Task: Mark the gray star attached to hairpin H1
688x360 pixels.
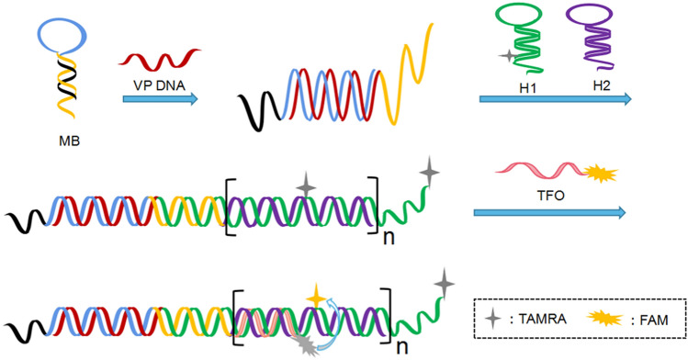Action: click(x=505, y=57)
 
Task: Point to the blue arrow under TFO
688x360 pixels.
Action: click(x=550, y=213)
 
